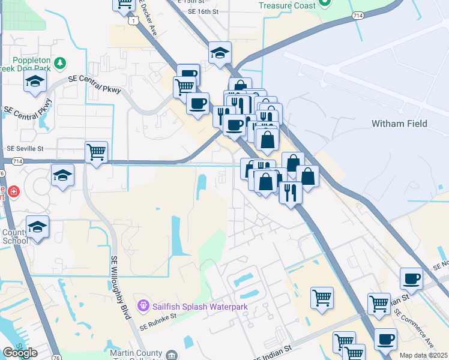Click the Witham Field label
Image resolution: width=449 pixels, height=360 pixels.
(399, 124)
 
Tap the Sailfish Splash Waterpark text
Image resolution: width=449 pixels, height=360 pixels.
(200, 306)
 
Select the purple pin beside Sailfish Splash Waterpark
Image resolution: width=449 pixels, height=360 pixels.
(143, 306)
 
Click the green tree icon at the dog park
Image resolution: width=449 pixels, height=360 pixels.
(59, 62)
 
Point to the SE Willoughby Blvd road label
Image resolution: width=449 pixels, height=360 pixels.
(121, 287)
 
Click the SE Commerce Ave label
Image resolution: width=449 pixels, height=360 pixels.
(422, 336)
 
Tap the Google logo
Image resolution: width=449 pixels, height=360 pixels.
(20, 353)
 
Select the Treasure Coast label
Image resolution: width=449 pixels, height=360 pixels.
(287, 5)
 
